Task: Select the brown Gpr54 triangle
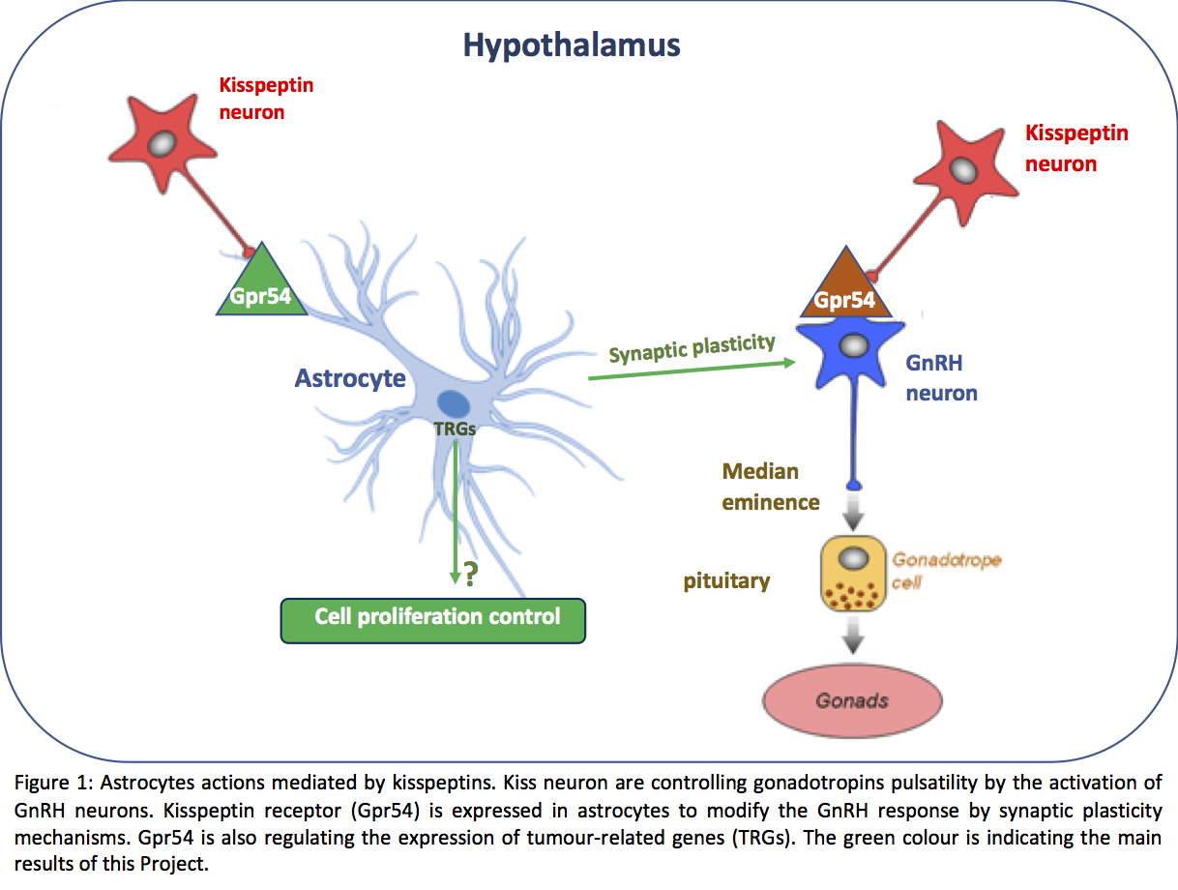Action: (844, 291)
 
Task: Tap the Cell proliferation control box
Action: (434, 620)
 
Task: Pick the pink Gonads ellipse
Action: (852, 701)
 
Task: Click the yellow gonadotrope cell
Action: (852, 576)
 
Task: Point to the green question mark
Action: (471, 576)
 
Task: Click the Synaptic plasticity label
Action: (692, 348)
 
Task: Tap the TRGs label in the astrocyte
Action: (455, 430)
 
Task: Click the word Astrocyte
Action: (350, 377)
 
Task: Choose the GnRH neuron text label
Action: (941, 379)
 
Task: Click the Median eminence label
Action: (771, 487)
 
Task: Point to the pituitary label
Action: (726, 580)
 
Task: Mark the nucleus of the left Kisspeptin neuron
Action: (163, 142)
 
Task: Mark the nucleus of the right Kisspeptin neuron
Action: (963, 169)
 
